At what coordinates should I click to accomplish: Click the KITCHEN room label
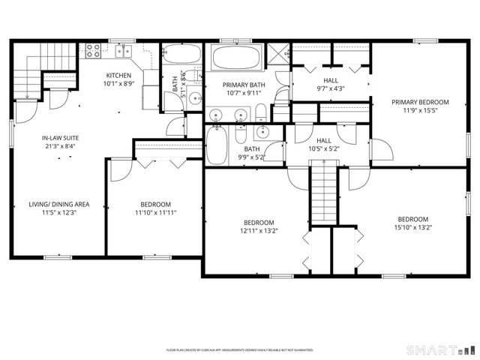coord(118,76)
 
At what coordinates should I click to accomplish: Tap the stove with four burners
coord(93,51)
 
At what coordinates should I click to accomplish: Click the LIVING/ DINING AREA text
coord(59,204)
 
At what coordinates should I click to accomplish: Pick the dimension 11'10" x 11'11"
coord(155,213)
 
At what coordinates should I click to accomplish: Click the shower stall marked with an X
coord(277,55)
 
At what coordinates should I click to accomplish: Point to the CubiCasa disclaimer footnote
coord(239,349)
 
